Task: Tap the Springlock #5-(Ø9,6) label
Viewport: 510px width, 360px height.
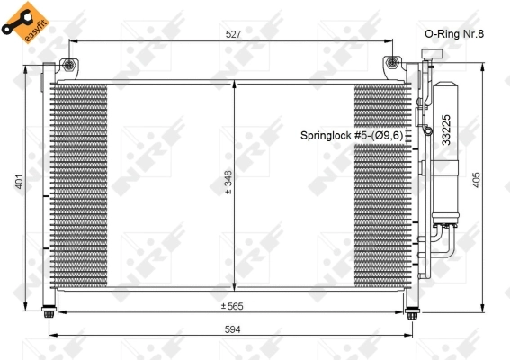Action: tap(356, 135)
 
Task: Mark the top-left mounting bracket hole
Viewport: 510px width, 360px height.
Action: tap(68, 63)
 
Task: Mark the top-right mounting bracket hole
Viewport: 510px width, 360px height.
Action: tap(392, 63)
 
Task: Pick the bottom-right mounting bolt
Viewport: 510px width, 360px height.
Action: tap(413, 313)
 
